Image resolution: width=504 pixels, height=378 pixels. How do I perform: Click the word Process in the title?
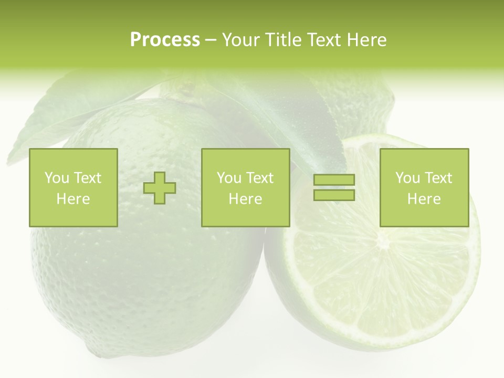pos(165,40)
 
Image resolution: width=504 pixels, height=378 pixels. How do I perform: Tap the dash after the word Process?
pos(211,40)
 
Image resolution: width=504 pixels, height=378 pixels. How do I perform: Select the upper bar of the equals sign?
pos(334,180)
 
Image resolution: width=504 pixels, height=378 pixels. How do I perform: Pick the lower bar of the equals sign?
pos(334,195)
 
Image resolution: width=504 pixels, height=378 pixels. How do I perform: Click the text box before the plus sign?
pos(73,187)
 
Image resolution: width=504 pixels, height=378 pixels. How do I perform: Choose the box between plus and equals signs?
pos(245,187)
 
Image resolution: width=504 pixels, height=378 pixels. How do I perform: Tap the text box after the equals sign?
pos(424,187)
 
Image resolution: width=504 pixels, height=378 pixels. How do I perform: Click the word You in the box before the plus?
pos(57,178)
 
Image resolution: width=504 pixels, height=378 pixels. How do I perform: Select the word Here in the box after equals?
pos(424,199)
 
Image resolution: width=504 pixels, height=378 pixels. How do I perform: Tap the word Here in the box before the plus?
pos(73,199)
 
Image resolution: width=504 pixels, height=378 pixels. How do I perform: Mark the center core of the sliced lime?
pos(383,243)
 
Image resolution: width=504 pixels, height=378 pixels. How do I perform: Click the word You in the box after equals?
pos(407,178)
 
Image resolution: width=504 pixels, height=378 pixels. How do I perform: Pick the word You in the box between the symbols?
pos(229,178)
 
